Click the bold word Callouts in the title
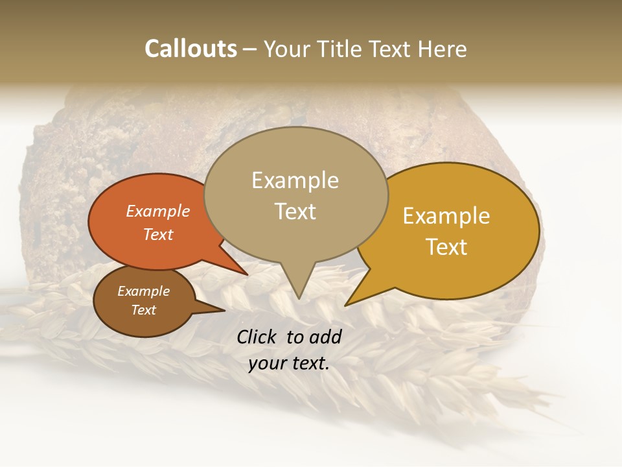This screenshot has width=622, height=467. coord(190,49)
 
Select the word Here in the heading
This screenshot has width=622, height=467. coord(443,49)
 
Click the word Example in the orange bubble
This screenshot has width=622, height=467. coord(158,211)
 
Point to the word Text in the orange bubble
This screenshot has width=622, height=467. coord(158,234)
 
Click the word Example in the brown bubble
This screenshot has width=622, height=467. coord(143,291)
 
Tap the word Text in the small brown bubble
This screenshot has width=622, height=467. coord(143,310)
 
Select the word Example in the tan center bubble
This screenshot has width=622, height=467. coord(295,180)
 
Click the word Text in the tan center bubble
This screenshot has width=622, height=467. coord(295,211)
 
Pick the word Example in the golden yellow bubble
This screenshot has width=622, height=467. coord(446,216)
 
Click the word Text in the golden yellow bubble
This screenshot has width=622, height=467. coord(446,247)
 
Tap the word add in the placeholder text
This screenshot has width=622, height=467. coord(326,337)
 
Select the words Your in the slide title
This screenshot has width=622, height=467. coord(289,49)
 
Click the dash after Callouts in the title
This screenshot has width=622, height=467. coord(250,49)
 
